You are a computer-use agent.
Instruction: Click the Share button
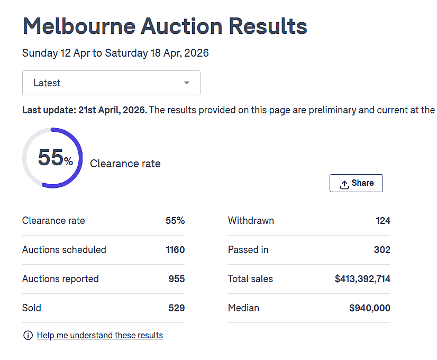(x=356, y=183)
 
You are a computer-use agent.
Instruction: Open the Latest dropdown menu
(x=111, y=83)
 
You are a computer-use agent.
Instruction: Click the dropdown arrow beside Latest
(x=187, y=83)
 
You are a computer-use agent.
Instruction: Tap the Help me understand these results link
(x=100, y=335)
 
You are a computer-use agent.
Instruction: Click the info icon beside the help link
(x=28, y=335)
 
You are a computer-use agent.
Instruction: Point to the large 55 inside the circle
(x=51, y=157)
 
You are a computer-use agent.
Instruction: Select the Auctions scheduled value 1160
(x=175, y=249)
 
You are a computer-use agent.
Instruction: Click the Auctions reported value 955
(x=176, y=279)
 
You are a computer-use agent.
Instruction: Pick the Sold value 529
(x=176, y=308)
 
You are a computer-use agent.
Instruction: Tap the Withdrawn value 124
(x=383, y=221)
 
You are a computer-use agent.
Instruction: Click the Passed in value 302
(x=382, y=249)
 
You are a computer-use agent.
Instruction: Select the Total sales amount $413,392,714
(x=362, y=279)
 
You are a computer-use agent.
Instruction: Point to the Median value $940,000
(x=370, y=308)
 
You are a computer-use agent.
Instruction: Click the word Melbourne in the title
(x=79, y=26)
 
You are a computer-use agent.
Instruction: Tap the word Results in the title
(x=268, y=26)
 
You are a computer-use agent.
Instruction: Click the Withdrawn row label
(x=251, y=221)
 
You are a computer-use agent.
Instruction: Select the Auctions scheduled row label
(x=64, y=249)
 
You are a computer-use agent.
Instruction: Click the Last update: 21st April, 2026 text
(x=85, y=110)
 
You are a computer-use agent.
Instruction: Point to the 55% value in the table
(x=175, y=221)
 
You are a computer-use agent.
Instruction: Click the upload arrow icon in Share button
(x=344, y=185)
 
